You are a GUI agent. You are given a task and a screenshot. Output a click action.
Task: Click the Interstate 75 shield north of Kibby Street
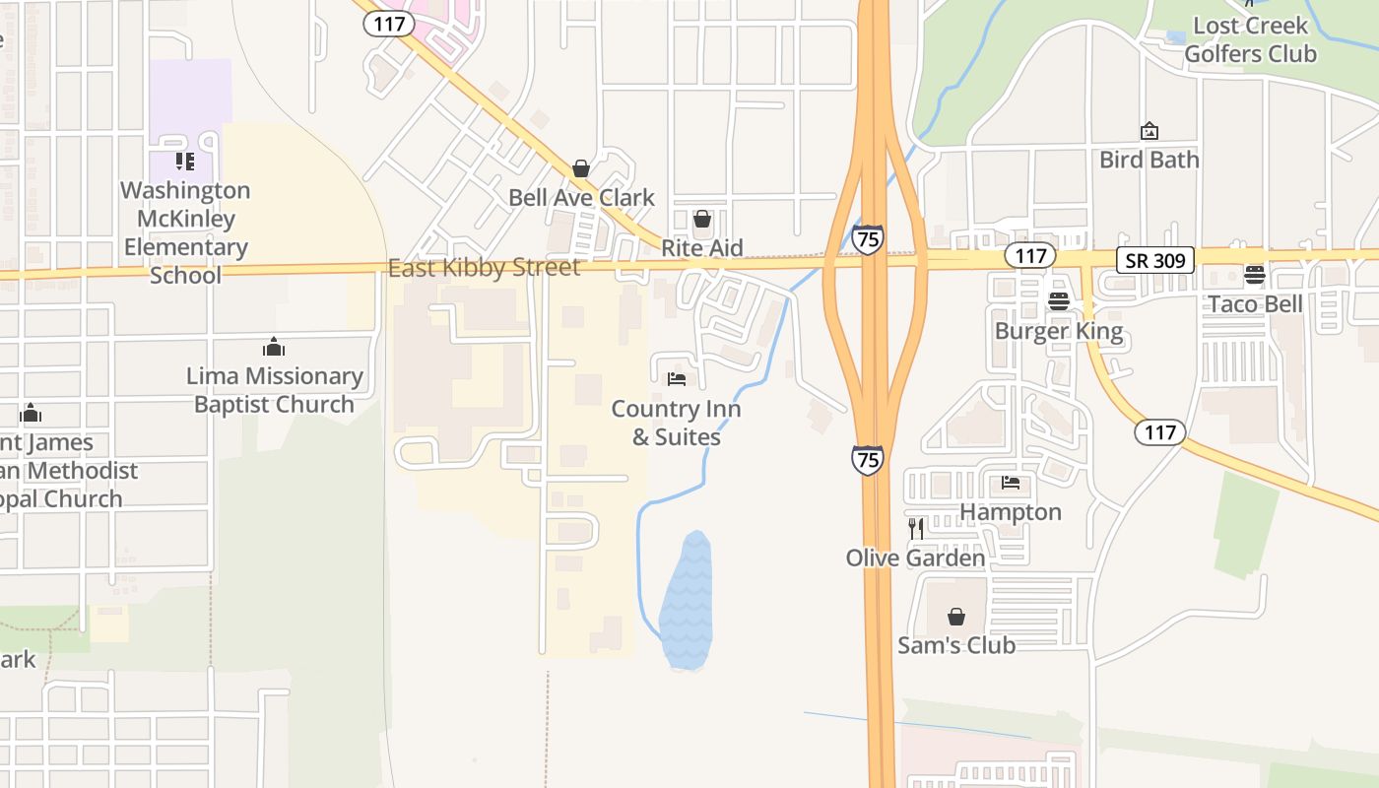pos(868,239)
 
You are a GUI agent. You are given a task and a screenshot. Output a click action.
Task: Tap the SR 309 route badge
pos(1155,260)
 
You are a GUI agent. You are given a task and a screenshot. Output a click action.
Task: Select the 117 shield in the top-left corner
pos(389,24)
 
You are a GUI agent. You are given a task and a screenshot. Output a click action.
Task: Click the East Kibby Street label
pos(484,268)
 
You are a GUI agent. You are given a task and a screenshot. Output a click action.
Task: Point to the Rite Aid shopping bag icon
pos(702,219)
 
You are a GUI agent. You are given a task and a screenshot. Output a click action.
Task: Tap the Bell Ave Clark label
pos(581,197)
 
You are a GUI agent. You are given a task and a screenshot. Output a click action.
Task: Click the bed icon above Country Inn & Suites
pos(677,378)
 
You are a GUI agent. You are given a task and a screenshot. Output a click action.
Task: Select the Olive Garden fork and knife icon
pos(916,528)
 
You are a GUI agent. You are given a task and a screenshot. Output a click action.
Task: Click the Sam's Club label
pos(955,645)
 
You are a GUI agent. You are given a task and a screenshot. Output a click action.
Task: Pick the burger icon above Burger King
pos(1059,301)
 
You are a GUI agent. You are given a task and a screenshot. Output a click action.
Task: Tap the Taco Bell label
pos(1255,303)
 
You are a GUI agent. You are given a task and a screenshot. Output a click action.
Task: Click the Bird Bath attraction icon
pos(1149,131)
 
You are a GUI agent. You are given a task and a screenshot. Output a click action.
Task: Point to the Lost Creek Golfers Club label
pos(1250,39)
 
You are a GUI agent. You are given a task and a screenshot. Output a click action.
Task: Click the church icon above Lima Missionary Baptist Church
pos(274,347)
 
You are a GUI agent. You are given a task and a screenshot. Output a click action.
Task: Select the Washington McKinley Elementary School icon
pos(185,161)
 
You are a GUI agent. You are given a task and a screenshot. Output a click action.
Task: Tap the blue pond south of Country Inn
pos(687,601)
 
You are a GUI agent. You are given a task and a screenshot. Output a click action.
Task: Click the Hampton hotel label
pos(1011,512)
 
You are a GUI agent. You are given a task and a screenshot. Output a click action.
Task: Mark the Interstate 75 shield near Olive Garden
pos(868,459)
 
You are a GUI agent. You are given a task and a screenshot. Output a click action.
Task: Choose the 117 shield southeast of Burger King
pos(1160,431)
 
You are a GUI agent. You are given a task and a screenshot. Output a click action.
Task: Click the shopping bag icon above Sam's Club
pos(955,617)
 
